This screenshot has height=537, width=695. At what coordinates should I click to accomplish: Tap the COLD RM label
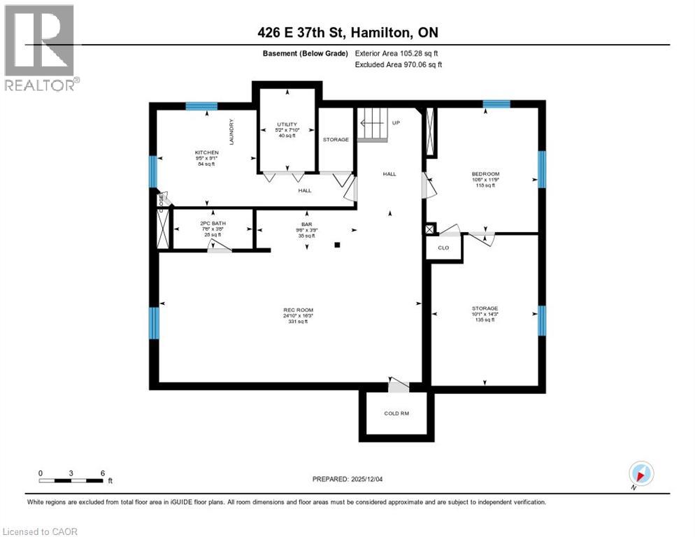(x=396, y=413)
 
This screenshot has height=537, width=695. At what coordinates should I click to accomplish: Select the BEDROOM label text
(x=485, y=173)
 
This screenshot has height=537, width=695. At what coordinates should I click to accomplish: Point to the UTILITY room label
(x=287, y=124)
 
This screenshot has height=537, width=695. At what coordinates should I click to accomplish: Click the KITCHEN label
(x=207, y=152)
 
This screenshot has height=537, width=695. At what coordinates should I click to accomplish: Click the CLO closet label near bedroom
(x=443, y=248)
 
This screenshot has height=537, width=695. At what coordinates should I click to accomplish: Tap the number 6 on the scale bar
(x=103, y=473)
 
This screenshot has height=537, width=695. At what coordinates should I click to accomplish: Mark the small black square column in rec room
(x=338, y=245)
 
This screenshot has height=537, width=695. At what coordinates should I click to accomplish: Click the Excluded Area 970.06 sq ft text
(x=399, y=64)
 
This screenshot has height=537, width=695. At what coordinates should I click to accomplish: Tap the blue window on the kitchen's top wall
(x=201, y=106)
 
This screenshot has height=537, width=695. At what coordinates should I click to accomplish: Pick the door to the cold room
(x=399, y=384)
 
